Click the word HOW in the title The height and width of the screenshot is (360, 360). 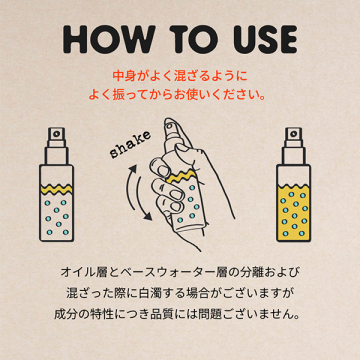[109, 39]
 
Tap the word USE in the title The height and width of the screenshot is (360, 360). [260, 39]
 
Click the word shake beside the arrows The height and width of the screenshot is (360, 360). [130, 144]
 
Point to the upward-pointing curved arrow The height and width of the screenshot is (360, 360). [128, 187]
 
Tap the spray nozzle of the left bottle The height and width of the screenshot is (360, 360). [56, 137]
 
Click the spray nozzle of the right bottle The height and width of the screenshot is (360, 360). [293, 137]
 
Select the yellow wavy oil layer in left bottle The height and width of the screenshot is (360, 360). [56, 189]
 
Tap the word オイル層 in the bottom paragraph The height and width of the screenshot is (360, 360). [78, 272]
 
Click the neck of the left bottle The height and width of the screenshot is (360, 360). [56, 156]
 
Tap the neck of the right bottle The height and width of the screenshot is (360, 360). [293, 156]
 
